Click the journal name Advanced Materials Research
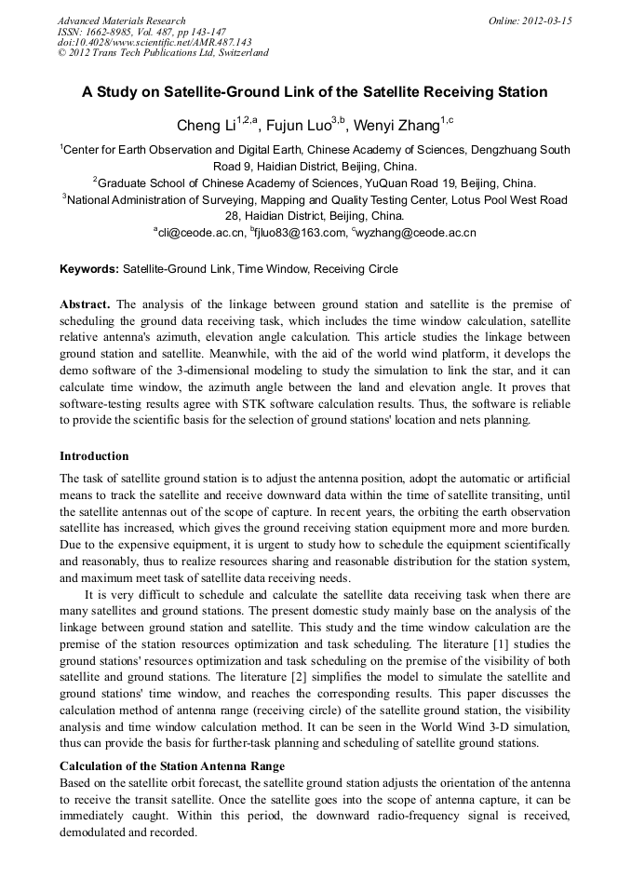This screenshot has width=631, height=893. tap(121, 20)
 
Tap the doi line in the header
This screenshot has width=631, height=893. tap(154, 42)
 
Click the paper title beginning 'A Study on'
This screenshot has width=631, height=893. tap(315, 92)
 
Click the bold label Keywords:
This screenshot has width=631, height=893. tap(89, 269)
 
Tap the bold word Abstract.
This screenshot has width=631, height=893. tap(85, 304)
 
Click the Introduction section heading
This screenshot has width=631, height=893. tap(94, 456)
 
